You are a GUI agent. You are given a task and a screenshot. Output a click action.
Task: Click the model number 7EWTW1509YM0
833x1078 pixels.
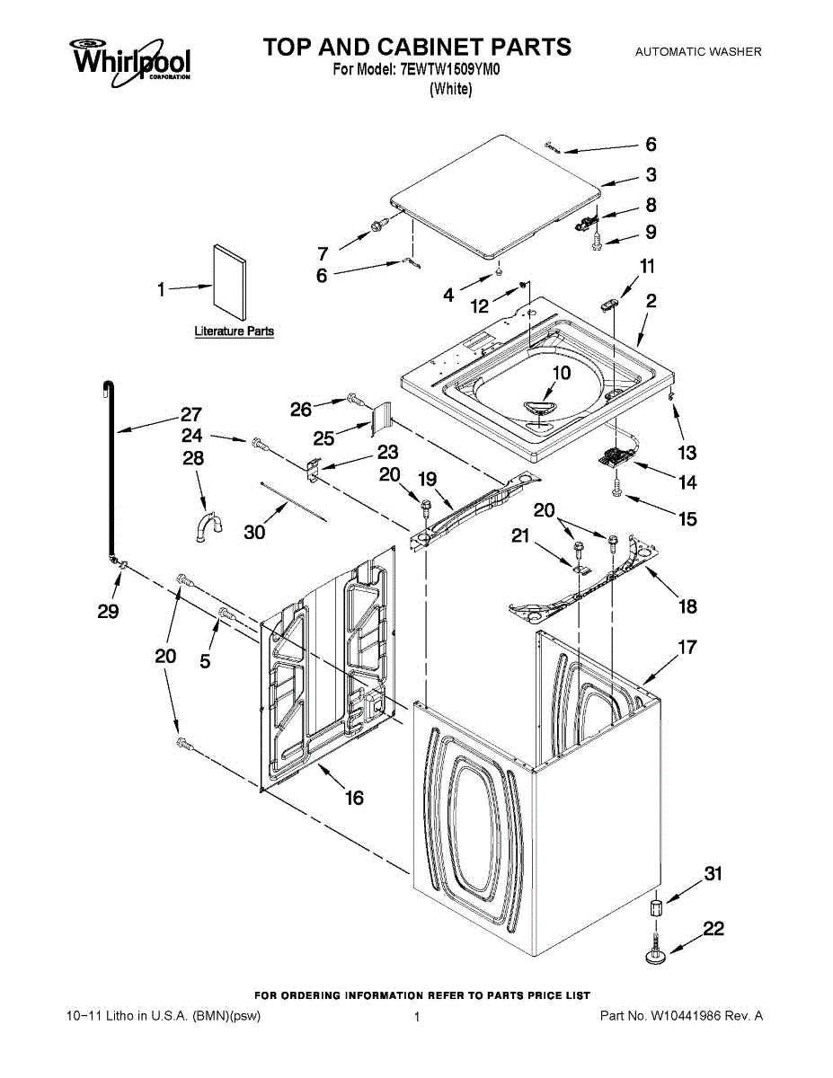tap(449, 70)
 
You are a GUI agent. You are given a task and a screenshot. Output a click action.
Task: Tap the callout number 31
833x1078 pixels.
tap(713, 873)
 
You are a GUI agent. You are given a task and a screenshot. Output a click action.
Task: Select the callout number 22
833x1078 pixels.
tap(713, 928)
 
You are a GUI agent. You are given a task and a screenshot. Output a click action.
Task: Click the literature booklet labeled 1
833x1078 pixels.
tap(229, 282)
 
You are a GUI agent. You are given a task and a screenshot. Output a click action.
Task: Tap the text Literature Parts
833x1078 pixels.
tap(235, 331)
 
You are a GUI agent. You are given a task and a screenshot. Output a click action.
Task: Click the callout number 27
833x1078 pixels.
tap(191, 414)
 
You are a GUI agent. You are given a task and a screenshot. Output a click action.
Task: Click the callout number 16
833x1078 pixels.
tap(354, 797)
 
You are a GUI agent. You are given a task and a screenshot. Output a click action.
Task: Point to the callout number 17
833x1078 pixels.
tap(687, 647)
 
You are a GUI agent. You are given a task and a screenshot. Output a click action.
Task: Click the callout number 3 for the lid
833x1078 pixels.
tap(651, 174)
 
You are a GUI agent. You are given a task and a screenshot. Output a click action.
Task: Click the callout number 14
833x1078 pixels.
tap(687, 482)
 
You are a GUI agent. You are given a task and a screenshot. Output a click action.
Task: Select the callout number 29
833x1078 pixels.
tap(108, 611)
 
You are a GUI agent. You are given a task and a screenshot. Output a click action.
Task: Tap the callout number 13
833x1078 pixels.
tap(687, 453)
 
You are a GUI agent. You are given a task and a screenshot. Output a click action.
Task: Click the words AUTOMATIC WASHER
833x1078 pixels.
tap(698, 51)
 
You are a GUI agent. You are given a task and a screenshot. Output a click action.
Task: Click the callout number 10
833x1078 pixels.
tap(561, 373)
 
